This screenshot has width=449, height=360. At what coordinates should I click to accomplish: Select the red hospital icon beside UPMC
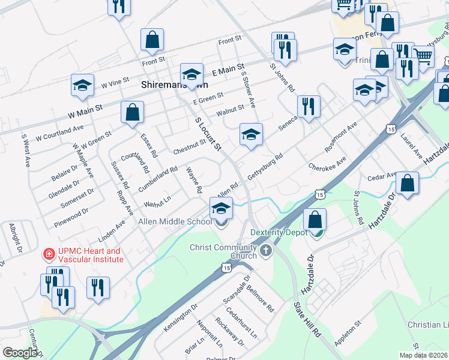coord(46,255)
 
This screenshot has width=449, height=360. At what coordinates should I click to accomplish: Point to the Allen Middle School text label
coord(175,221)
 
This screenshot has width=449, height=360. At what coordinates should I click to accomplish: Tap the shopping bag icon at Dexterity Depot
coord(315,221)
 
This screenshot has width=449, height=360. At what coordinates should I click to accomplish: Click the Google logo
coord(20,353)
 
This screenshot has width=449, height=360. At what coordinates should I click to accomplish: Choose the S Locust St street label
coord(208,134)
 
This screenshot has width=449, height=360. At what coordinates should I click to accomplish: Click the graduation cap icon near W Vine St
coord(82,86)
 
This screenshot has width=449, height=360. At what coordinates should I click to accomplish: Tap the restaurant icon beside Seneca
coord(309,107)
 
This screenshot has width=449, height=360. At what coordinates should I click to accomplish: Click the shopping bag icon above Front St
coord(152,40)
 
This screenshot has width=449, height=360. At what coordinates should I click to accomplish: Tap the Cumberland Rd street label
coord(158,178)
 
